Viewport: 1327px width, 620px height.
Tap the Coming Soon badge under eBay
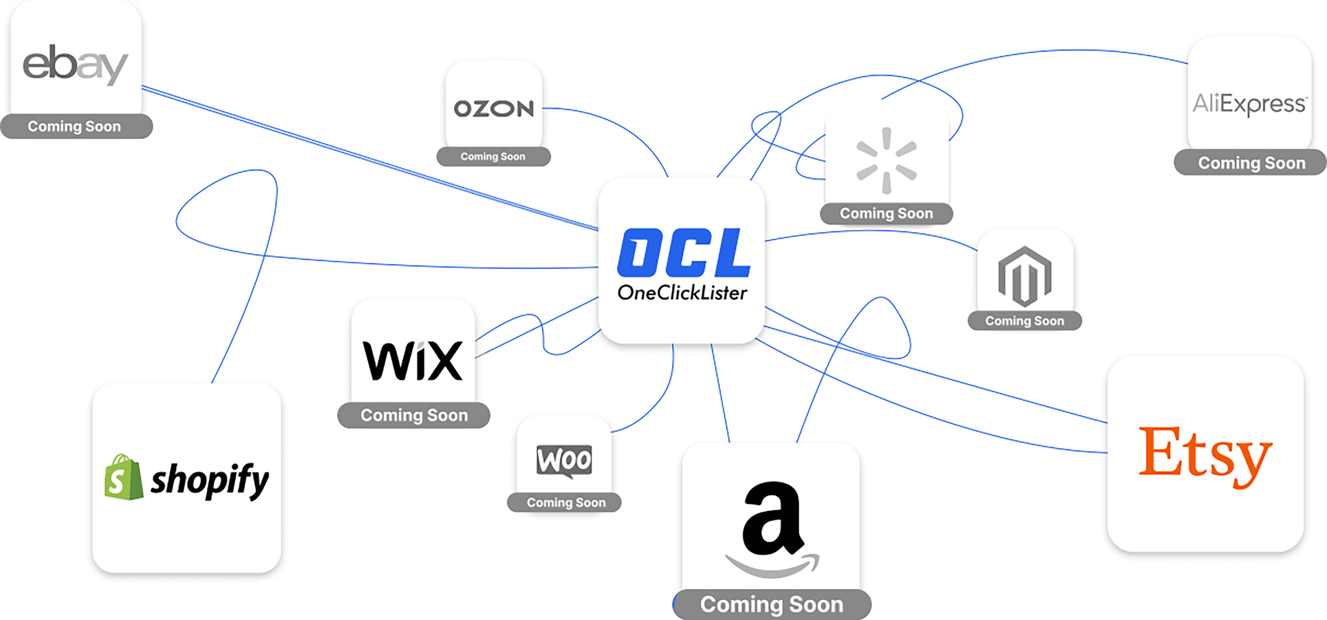coord(76,126)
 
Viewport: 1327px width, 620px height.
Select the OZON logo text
coord(493,109)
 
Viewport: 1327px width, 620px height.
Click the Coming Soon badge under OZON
coord(493,156)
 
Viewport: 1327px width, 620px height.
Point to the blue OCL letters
coord(683,253)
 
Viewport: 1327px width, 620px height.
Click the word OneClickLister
coord(682,293)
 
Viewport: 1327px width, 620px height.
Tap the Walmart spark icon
coord(886,161)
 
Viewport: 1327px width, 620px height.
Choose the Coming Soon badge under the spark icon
coord(886,213)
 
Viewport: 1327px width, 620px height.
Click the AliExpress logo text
coord(1250,104)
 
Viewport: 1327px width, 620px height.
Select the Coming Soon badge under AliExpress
coord(1251,163)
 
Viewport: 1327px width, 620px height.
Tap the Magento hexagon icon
coord(1025,276)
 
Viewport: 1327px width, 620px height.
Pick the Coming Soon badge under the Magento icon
coord(1024,321)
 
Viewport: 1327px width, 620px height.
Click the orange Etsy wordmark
coord(1205,454)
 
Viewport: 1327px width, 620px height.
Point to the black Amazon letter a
coord(772,518)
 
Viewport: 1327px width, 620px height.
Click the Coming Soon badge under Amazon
coord(771,604)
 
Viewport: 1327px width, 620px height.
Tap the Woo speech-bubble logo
coord(564,460)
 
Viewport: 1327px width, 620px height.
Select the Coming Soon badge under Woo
coord(566,502)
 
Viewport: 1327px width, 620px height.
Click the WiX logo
coord(413,361)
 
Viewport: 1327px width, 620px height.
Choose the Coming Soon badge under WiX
coord(414,415)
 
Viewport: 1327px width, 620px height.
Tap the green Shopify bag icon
coord(123,478)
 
